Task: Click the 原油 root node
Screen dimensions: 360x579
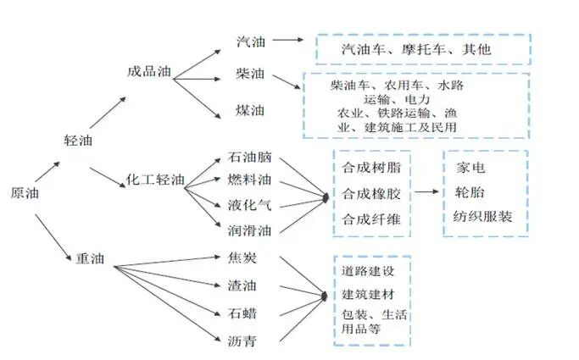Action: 25,193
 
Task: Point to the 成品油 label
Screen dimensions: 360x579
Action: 148,72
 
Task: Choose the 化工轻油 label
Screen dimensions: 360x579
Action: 155,180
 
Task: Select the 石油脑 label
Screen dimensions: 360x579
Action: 249,158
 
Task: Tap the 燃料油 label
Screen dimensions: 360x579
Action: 249,181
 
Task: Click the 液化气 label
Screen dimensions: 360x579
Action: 249,204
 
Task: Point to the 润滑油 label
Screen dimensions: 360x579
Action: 249,228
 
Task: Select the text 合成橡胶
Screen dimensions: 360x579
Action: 372,193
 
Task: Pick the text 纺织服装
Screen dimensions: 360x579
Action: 483,217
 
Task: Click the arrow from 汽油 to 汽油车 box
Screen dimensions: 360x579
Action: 287,40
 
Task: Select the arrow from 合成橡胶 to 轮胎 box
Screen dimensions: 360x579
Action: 427,193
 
